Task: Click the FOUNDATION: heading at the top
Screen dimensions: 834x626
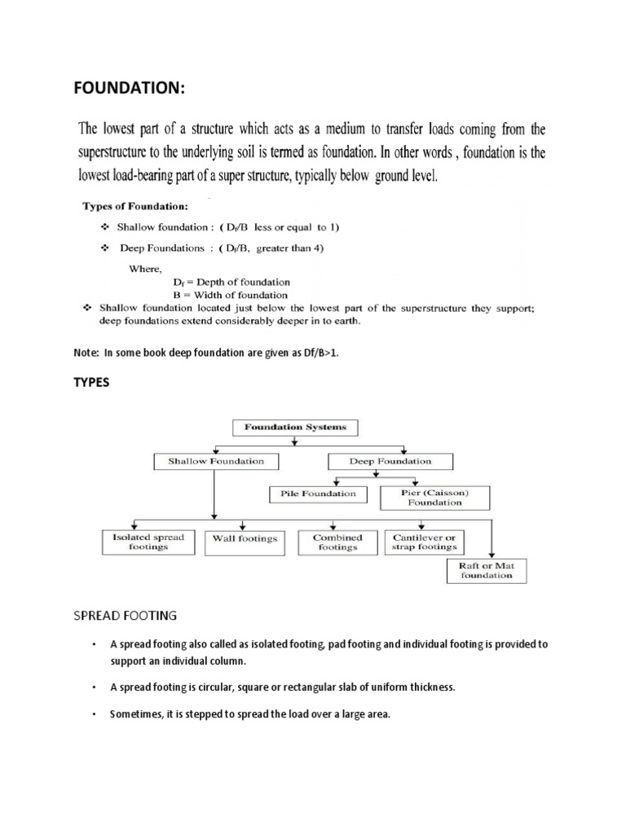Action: click(x=130, y=87)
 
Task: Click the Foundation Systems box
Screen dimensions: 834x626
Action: click(x=295, y=427)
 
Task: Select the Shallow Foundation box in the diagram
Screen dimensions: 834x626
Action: click(x=216, y=462)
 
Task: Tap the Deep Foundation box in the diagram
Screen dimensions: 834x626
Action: click(x=390, y=462)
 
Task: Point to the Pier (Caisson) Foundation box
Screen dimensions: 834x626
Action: click(x=434, y=497)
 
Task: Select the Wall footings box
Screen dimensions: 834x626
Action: click(x=245, y=538)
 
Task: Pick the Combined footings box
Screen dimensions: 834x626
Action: click(x=337, y=542)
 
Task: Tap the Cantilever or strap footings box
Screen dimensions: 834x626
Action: click(x=424, y=542)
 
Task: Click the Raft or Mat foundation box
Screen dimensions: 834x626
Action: click(x=486, y=570)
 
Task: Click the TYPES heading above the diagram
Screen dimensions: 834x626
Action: click(x=90, y=382)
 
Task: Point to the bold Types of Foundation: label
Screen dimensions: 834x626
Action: click(x=133, y=207)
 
